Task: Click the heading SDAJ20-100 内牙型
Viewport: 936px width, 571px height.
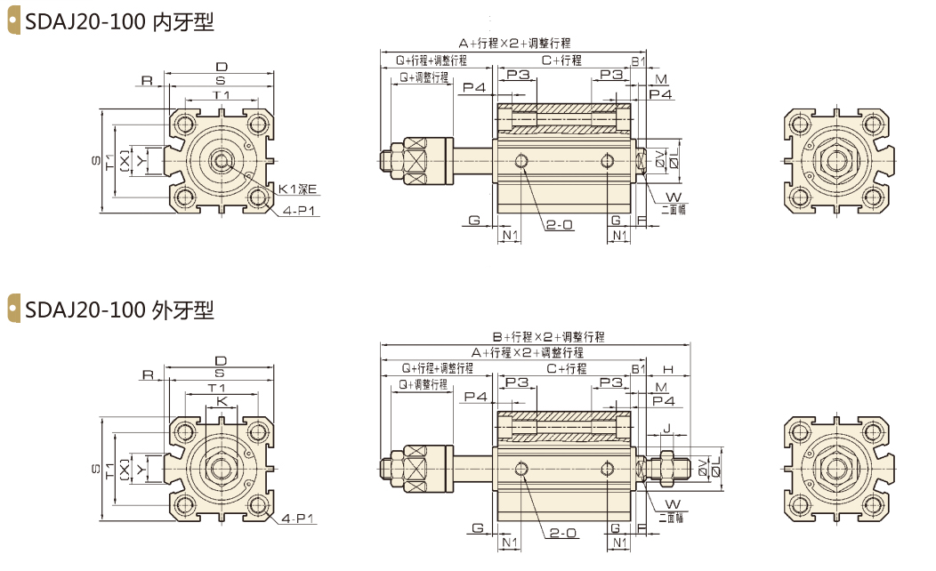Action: tap(120, 23)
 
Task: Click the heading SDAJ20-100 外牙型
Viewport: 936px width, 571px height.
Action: tap(120, 310)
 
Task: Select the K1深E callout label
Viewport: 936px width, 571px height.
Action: tap(297, 189)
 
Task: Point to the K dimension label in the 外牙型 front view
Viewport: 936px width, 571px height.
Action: tap(222, 402)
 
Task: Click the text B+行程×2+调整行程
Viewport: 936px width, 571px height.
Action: tap(548, 337)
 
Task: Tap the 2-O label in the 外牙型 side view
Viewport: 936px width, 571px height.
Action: tap(562, 533)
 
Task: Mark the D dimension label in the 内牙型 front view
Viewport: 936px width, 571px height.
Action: tap(222, 68)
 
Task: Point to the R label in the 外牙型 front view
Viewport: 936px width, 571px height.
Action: tap(148, 374)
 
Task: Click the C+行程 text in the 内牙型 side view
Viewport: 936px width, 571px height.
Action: tap(561, 60)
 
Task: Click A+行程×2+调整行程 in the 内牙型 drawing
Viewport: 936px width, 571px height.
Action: tap(514, 43)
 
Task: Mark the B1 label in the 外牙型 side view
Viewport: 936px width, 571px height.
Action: tap(638, 368)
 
